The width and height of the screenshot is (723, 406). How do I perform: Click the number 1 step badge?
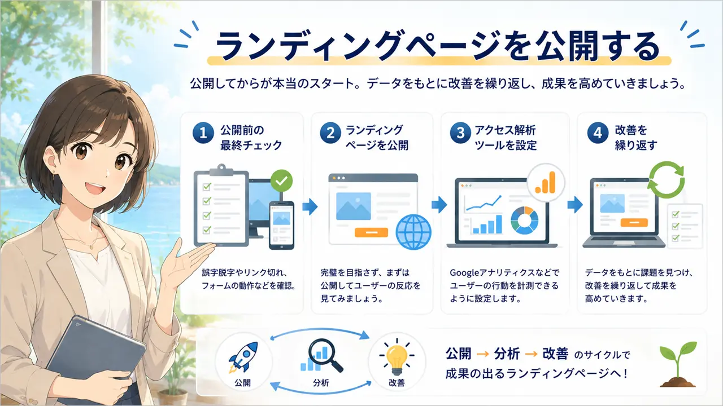(x=203, y=133)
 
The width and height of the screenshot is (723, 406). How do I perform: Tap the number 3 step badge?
(x=460, y=133)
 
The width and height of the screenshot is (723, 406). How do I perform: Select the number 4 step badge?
(x=598, y=133)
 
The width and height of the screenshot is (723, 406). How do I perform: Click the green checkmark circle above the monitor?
(x=281, y=180)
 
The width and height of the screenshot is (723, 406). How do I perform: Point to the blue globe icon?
(x=413, y=232)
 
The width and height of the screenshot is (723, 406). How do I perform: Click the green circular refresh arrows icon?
(x=666, y=180)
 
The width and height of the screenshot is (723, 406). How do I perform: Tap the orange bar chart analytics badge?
(x=546, y=183)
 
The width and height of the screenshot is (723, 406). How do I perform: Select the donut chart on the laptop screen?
(x=525, y=220)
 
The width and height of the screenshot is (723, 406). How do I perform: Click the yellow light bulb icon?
(x=397, y=357)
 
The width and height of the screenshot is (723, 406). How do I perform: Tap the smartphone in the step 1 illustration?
(x=281, y=226)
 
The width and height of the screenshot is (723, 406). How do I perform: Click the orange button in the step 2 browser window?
(x=371, y=232)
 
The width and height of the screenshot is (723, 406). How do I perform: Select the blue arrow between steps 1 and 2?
(x=310, y=206)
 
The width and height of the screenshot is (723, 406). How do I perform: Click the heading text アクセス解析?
(x=505, y=130)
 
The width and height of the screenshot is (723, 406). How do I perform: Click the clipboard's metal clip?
(x=221, y=170)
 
